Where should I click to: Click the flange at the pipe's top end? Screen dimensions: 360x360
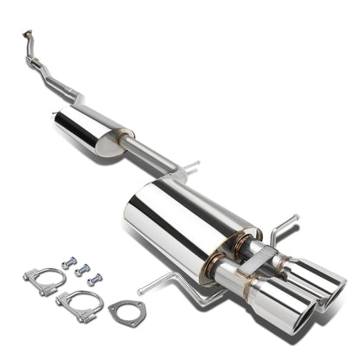[26, 37]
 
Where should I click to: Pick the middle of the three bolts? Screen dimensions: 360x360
[83, 269]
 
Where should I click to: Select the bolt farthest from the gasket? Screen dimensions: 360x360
[68, 260]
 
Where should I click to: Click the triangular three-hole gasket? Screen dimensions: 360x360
[126, 311]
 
